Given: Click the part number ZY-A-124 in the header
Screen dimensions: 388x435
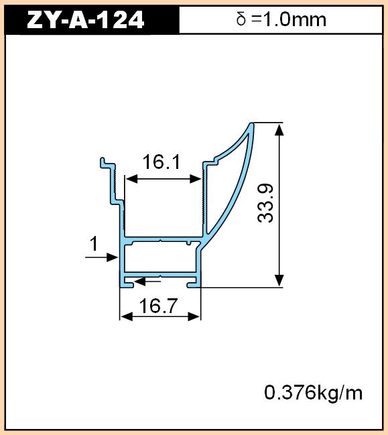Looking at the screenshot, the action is click(85, 19).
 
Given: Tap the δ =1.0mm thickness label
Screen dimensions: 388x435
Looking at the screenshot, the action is click(281, 19).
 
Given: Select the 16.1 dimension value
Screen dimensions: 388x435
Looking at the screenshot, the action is click(161, 162).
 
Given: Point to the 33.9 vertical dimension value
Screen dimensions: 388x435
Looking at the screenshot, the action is click(265, 203).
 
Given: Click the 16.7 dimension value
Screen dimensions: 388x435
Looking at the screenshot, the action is click(157, 306).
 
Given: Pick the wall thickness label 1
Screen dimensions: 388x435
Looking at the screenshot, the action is click(94, 243).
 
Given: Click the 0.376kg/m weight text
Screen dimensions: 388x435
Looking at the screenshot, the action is click(313, 393).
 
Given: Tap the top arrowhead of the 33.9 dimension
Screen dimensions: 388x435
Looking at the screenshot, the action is click(279, 129).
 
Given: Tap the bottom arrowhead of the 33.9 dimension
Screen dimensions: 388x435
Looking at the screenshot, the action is click(279, 280).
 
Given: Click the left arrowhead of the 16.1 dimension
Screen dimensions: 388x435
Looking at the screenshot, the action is click(131, 179).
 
